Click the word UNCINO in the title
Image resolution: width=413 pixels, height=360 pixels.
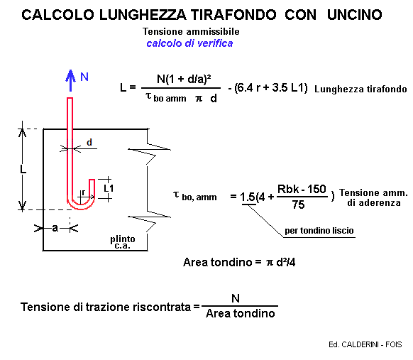click(355, 15)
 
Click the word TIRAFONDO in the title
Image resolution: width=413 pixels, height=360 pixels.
click(233, 15)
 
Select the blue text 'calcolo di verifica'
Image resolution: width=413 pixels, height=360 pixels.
click(189, 43)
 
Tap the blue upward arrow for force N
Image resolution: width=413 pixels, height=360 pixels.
click(70, 80)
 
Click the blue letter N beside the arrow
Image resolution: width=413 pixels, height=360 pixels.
click(84, 77)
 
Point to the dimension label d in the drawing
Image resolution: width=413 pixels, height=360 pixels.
click(89, 142)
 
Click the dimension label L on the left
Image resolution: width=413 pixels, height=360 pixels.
click(23, 169)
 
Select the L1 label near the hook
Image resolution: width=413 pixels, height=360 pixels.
click(109, 188)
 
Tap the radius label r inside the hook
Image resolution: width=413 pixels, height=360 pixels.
click(83, 193)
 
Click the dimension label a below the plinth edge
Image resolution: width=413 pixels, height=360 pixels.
click(55, 228)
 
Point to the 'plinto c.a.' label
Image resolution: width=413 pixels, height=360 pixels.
click(123, 242)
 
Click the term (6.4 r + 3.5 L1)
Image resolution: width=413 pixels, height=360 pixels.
click(271, 88)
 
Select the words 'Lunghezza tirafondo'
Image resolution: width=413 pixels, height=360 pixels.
click(360, 89)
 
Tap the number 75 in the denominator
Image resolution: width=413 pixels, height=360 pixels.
click(298, 204)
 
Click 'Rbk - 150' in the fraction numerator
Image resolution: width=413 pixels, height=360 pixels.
click(302, 189)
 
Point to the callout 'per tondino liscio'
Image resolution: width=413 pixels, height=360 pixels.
click(319, 231)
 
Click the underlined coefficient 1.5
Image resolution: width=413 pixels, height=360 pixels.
click(248, 197)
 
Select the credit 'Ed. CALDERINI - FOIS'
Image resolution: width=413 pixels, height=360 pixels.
click(365, 344)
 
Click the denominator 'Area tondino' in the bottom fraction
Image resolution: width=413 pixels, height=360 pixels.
click(241, 313)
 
